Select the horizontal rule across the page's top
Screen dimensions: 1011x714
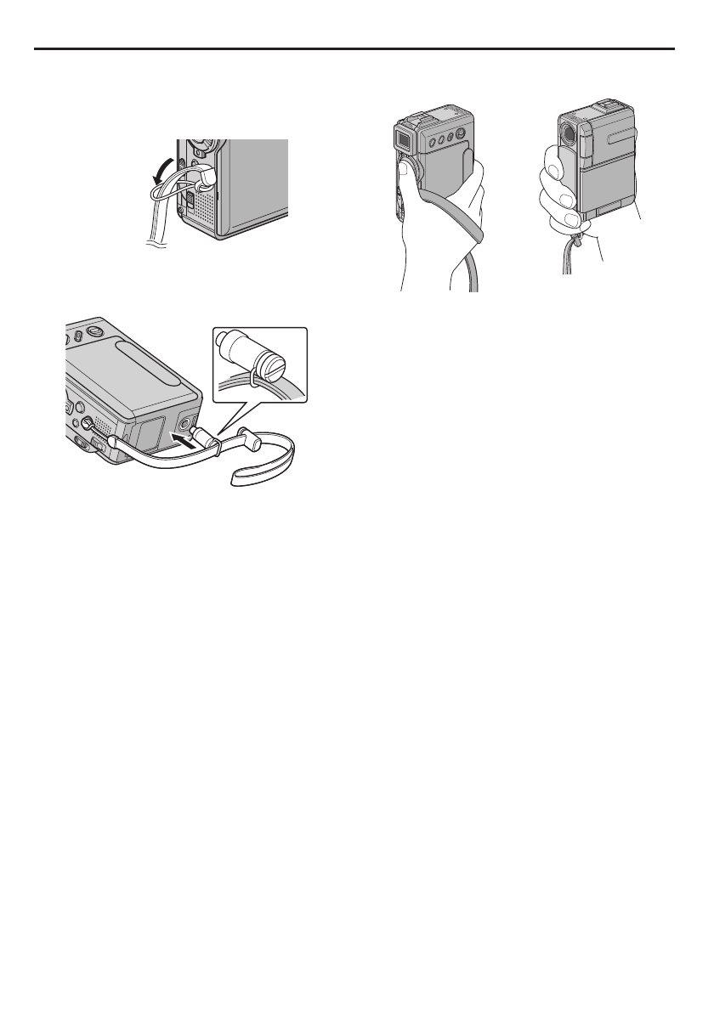(x=357, y=48)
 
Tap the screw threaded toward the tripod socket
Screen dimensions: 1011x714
(x=205, y=436)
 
